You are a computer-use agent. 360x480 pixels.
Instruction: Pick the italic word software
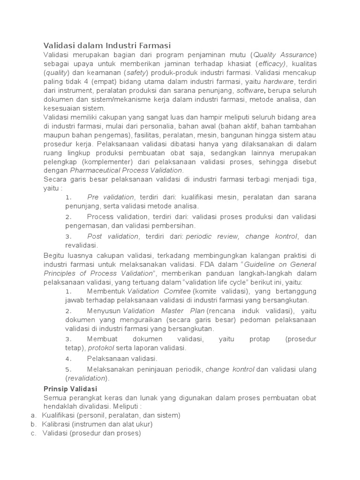pos(251,90)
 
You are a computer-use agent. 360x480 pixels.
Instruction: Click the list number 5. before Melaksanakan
pos(68,369)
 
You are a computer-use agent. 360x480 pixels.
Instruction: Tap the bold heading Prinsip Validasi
pos(70,389)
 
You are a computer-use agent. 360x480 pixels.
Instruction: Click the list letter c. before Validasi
pos(33,433)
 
